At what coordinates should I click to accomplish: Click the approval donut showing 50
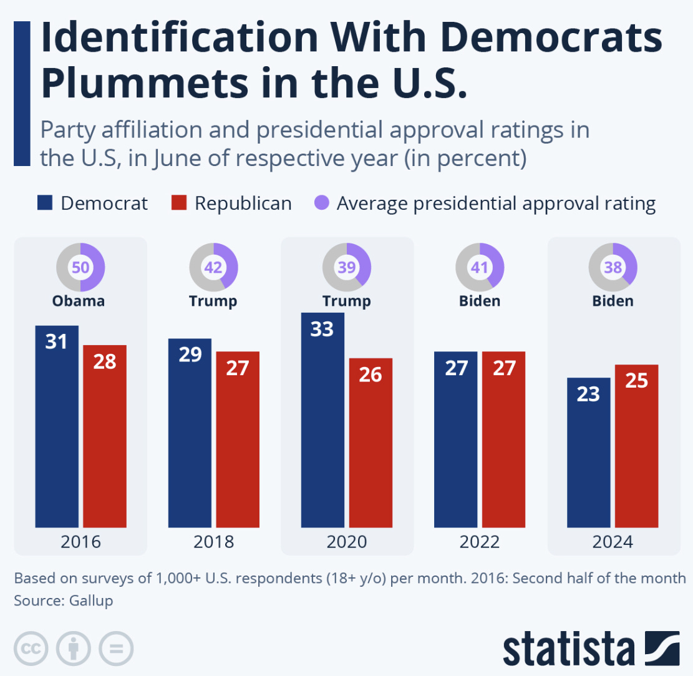point(80,267)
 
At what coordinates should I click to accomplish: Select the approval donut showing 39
point(347,267)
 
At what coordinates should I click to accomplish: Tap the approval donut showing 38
point(613,267)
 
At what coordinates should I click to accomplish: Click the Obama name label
point(79,301)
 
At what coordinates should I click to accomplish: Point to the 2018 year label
point(213,541)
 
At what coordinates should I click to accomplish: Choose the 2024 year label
point(613,541)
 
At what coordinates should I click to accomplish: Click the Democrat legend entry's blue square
point(46,203)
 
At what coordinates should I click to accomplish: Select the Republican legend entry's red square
point(179,203)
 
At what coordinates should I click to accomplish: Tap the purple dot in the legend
point(321,203)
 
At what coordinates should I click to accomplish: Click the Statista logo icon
point(662,649)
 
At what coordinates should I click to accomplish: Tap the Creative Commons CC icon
point(31,649)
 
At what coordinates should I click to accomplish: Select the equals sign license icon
point(116,649)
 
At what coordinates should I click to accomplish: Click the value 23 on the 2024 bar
point(588,394)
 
